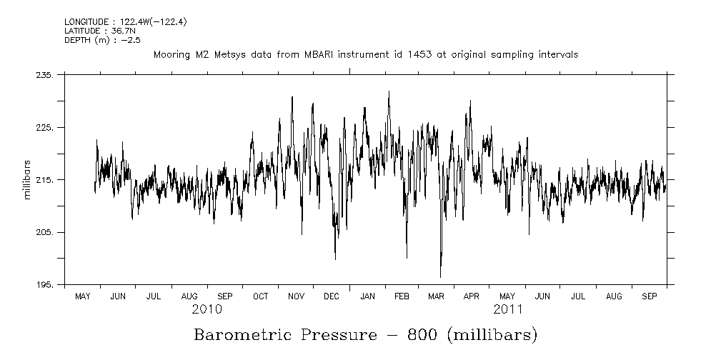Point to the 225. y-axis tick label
click(x=45, y=127)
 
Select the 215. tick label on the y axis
click(x=45, y=180)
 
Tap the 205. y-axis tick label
click(x=45, y=233)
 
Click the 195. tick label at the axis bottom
click(x=45, y=285)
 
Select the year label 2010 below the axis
click(x=207, y=310)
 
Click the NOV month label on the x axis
click(x=296, y=296)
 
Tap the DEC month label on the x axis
click(x=332, y=296)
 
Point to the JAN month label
click(x=367, y=296)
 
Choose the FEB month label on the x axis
click(x=402, y=296)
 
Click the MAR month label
click(x=436, y=296)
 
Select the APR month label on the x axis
click(x=472, y=296)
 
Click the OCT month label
click(x=261, y=296)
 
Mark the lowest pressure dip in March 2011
click(x=440, y=276)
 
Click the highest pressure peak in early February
click(x=389, y=91)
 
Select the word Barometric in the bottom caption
click(x=243, y=334)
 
